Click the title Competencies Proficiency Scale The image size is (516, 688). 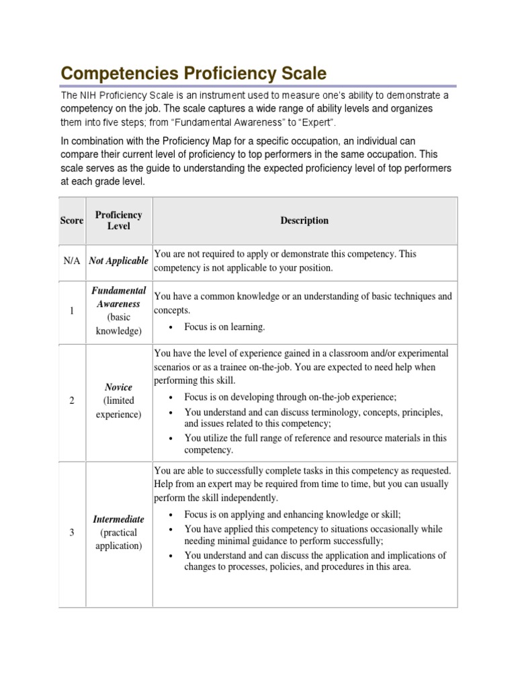click(x=194, y=73)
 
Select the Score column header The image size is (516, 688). click(x=71, y=220)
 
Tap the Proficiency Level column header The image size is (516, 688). click(x=118, y=220)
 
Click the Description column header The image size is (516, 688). click(x=304, y=220)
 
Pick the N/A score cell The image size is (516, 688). click(x=72, y=261)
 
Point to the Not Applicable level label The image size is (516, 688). click(x=118, y=261)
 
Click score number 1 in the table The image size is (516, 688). click(x=72, y=310)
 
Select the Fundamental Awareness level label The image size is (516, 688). click(x=118, y=297)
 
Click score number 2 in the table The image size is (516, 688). click(x=72, y=400)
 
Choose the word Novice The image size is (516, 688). click(x=118, y=388)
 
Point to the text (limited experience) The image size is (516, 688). click(x=118, y=407)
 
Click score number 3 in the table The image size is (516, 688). click(x=72, y=533)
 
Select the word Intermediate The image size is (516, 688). click(x=118, y=519)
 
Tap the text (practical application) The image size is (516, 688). click(x=118, y=539)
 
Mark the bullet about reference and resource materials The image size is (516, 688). click(x=315, y=443)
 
